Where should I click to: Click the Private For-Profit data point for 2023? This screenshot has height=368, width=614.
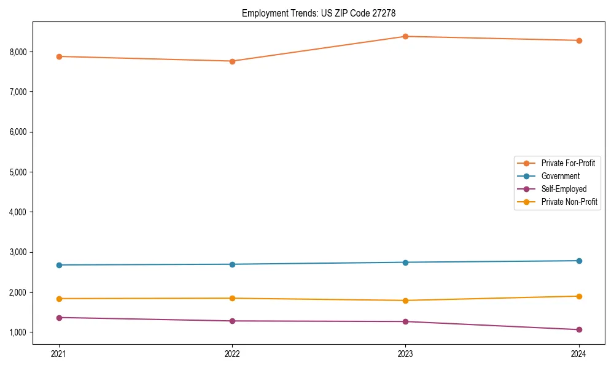click(x=405, y=36)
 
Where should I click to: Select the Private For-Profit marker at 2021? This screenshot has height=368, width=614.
click(x=59, y=56)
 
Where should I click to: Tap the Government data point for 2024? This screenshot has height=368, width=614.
click(x=578, y=261)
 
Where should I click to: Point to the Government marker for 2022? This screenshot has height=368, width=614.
click(x=232, y=264)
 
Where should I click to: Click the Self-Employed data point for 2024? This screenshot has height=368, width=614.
click(x=578, y=329)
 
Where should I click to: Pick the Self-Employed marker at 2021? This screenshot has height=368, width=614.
click(x=59, y=318)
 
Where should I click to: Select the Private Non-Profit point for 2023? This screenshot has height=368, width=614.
click(x=405, y=301)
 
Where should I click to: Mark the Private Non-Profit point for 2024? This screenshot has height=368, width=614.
click(x=578, y=296)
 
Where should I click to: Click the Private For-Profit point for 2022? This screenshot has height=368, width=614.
click(x=232, y=61)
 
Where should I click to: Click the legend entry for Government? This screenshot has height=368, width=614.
click(x=560, y=176)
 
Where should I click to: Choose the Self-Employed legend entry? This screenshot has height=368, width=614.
click(x=564, y=189)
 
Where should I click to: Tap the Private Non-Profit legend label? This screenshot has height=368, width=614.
click(x=569, y=202)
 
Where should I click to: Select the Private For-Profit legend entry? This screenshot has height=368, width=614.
click(x=567, y=163)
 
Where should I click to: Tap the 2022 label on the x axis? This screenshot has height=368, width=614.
click(x=232, y=353)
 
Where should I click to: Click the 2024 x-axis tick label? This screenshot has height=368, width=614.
click(x=578, y=353)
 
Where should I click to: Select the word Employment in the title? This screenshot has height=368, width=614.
click(x=262, y=13)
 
